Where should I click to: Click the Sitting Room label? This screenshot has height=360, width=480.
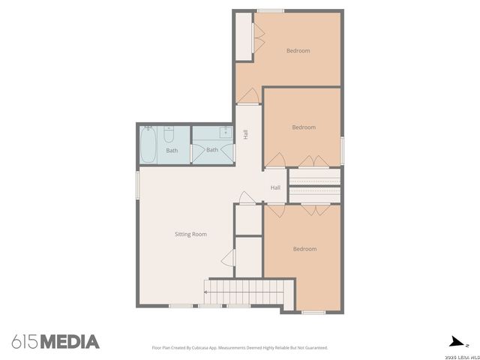(190, 234)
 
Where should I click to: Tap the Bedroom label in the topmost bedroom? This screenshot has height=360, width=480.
(298, 51)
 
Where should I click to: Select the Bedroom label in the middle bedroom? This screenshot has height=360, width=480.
(304, 127)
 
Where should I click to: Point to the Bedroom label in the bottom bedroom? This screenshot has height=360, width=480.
(304, 249)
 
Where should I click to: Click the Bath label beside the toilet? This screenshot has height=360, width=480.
(172, 150)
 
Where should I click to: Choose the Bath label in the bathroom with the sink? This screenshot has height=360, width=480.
(212, 149)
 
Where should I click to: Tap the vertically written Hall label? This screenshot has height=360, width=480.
(245, 135)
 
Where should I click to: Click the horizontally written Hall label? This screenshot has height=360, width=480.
(275, 187)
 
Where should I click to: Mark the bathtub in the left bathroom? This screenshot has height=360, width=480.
(149, 144)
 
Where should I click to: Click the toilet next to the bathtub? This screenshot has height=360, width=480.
(169, 134)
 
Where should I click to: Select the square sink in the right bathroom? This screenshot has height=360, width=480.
(224, 133)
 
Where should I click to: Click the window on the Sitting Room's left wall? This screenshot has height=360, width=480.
(137, 185)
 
